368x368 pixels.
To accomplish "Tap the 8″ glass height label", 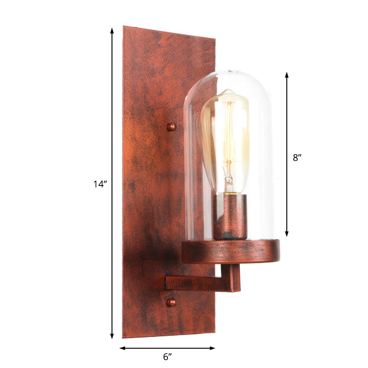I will click(297, 157).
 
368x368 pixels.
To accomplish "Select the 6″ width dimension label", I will click(167, 357).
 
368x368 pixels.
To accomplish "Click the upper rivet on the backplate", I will click(171, 127).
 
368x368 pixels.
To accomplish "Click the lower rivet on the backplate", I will click(171, 302).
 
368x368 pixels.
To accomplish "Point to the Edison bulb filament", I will click(229, 147).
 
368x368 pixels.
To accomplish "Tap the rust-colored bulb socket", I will click(230, 217).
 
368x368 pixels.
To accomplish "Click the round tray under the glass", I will click(230, 252).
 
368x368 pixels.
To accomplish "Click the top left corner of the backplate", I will click(124, 27).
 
